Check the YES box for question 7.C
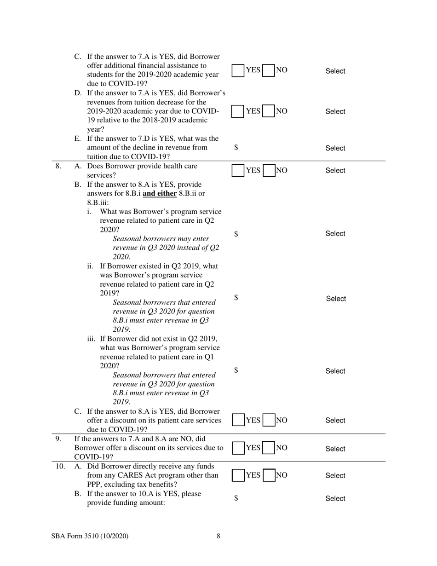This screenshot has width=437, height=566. click(238, 70)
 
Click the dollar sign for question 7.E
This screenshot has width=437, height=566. click(236, 147)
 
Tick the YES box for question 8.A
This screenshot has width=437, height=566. click(238, 171)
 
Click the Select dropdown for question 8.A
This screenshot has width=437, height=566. click(335, 171)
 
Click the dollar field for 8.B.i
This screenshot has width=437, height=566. click(236, 234)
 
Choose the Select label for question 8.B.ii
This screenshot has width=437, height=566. click(336, 299)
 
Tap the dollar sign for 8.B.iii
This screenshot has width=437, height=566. click(236, 370)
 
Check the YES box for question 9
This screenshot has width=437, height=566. click(238, 448)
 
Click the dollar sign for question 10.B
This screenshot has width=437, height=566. click(236, 498)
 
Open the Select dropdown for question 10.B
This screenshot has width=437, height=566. click(335, 499)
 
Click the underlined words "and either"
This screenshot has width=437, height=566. click(160, 193)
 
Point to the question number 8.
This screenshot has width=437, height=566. click(58, 166)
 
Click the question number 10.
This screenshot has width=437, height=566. click(60, 466)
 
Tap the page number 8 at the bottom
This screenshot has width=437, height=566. click(218, 536)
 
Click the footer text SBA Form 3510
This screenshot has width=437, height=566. click(90, 536)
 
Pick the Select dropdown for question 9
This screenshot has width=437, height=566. click(335, 449)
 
